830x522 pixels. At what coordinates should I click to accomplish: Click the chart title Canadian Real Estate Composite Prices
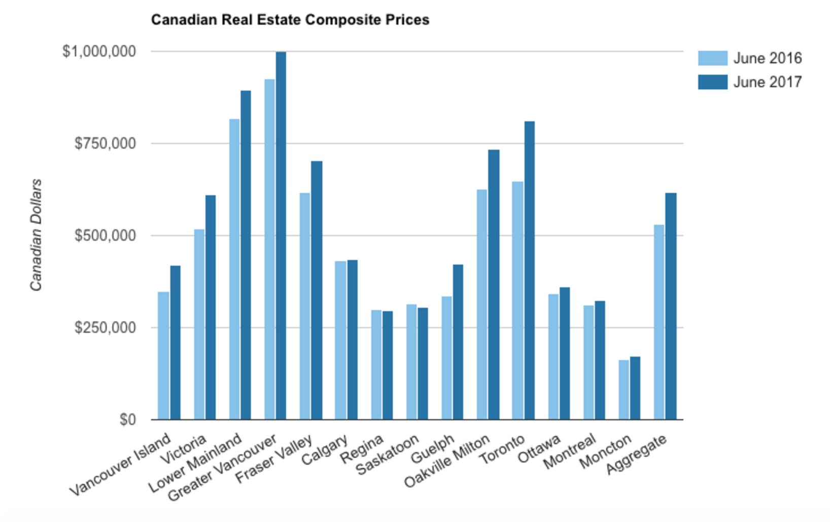point(290,20)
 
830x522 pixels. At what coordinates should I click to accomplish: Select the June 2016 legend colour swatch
point(712,58)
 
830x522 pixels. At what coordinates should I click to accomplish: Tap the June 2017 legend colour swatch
point(712,82)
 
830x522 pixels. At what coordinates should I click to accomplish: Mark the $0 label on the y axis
point(128,419)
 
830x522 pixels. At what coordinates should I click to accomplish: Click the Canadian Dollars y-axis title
point(36,235)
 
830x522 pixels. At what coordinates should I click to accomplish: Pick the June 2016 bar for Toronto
point(517,300)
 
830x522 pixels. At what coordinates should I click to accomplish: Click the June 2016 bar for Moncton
point(624,389)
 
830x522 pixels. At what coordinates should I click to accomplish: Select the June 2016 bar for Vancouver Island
point(163,355)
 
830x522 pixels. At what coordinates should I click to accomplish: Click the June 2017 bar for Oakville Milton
point(494,284)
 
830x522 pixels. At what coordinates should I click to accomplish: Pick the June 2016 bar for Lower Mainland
point(234,269)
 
